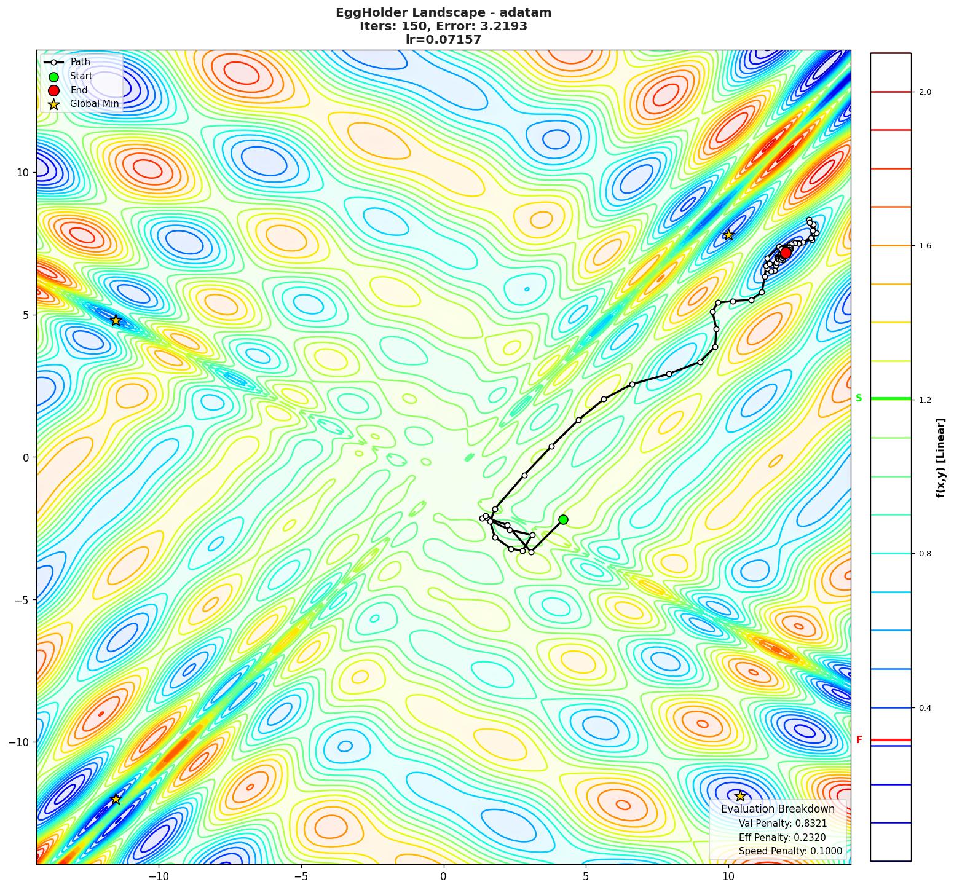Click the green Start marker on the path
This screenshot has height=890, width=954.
coord(563,519)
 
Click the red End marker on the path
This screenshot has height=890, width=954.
coord(786,253)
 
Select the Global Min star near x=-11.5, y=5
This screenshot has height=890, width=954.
coord(116,320)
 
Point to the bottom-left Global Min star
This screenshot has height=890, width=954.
coord(116,799)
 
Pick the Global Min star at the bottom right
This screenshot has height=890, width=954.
coord(740,796)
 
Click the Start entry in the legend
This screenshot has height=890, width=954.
coord(81,76)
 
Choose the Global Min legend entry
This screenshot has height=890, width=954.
coord(94,104)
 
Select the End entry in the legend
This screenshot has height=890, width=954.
coord(79,90)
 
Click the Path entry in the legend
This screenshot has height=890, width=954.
coord(80,62)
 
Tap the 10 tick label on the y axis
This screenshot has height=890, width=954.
coord(23,172)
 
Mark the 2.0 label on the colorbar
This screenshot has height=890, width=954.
coord(924,92)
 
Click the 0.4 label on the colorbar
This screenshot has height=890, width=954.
coord(924,708)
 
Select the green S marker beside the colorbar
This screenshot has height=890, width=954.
coord(859,398)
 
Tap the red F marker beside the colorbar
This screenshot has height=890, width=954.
coord(859,740)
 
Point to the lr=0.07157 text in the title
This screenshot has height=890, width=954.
coord(443,39)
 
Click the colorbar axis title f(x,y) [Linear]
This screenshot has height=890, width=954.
coord(940,457)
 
